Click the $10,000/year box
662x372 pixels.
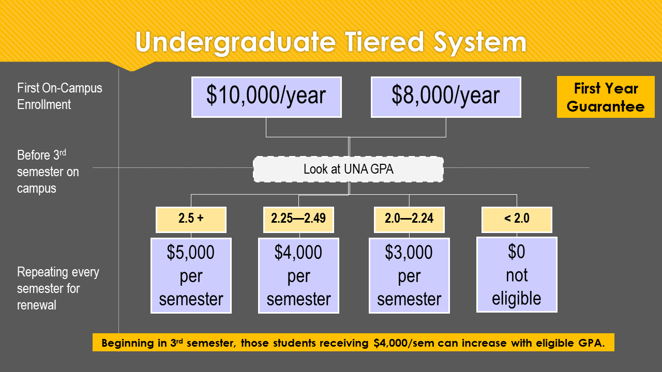(x=266, y=97)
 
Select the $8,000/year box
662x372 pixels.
(x=446, y=97)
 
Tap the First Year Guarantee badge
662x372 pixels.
(x=606, y=97)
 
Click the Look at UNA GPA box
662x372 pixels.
(x=349, y=169)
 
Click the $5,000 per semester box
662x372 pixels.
(x=191, y=275)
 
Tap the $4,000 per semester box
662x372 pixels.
(x=298, y=275)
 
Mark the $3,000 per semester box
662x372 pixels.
(x=409, y=275)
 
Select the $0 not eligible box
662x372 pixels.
(x=517, y=274)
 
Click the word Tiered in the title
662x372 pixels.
(x=385, y=42)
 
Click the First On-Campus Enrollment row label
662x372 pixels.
(x=59, y=96)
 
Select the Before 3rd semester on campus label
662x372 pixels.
(x=48, y=172)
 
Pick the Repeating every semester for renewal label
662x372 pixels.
(x=58, y=288)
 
